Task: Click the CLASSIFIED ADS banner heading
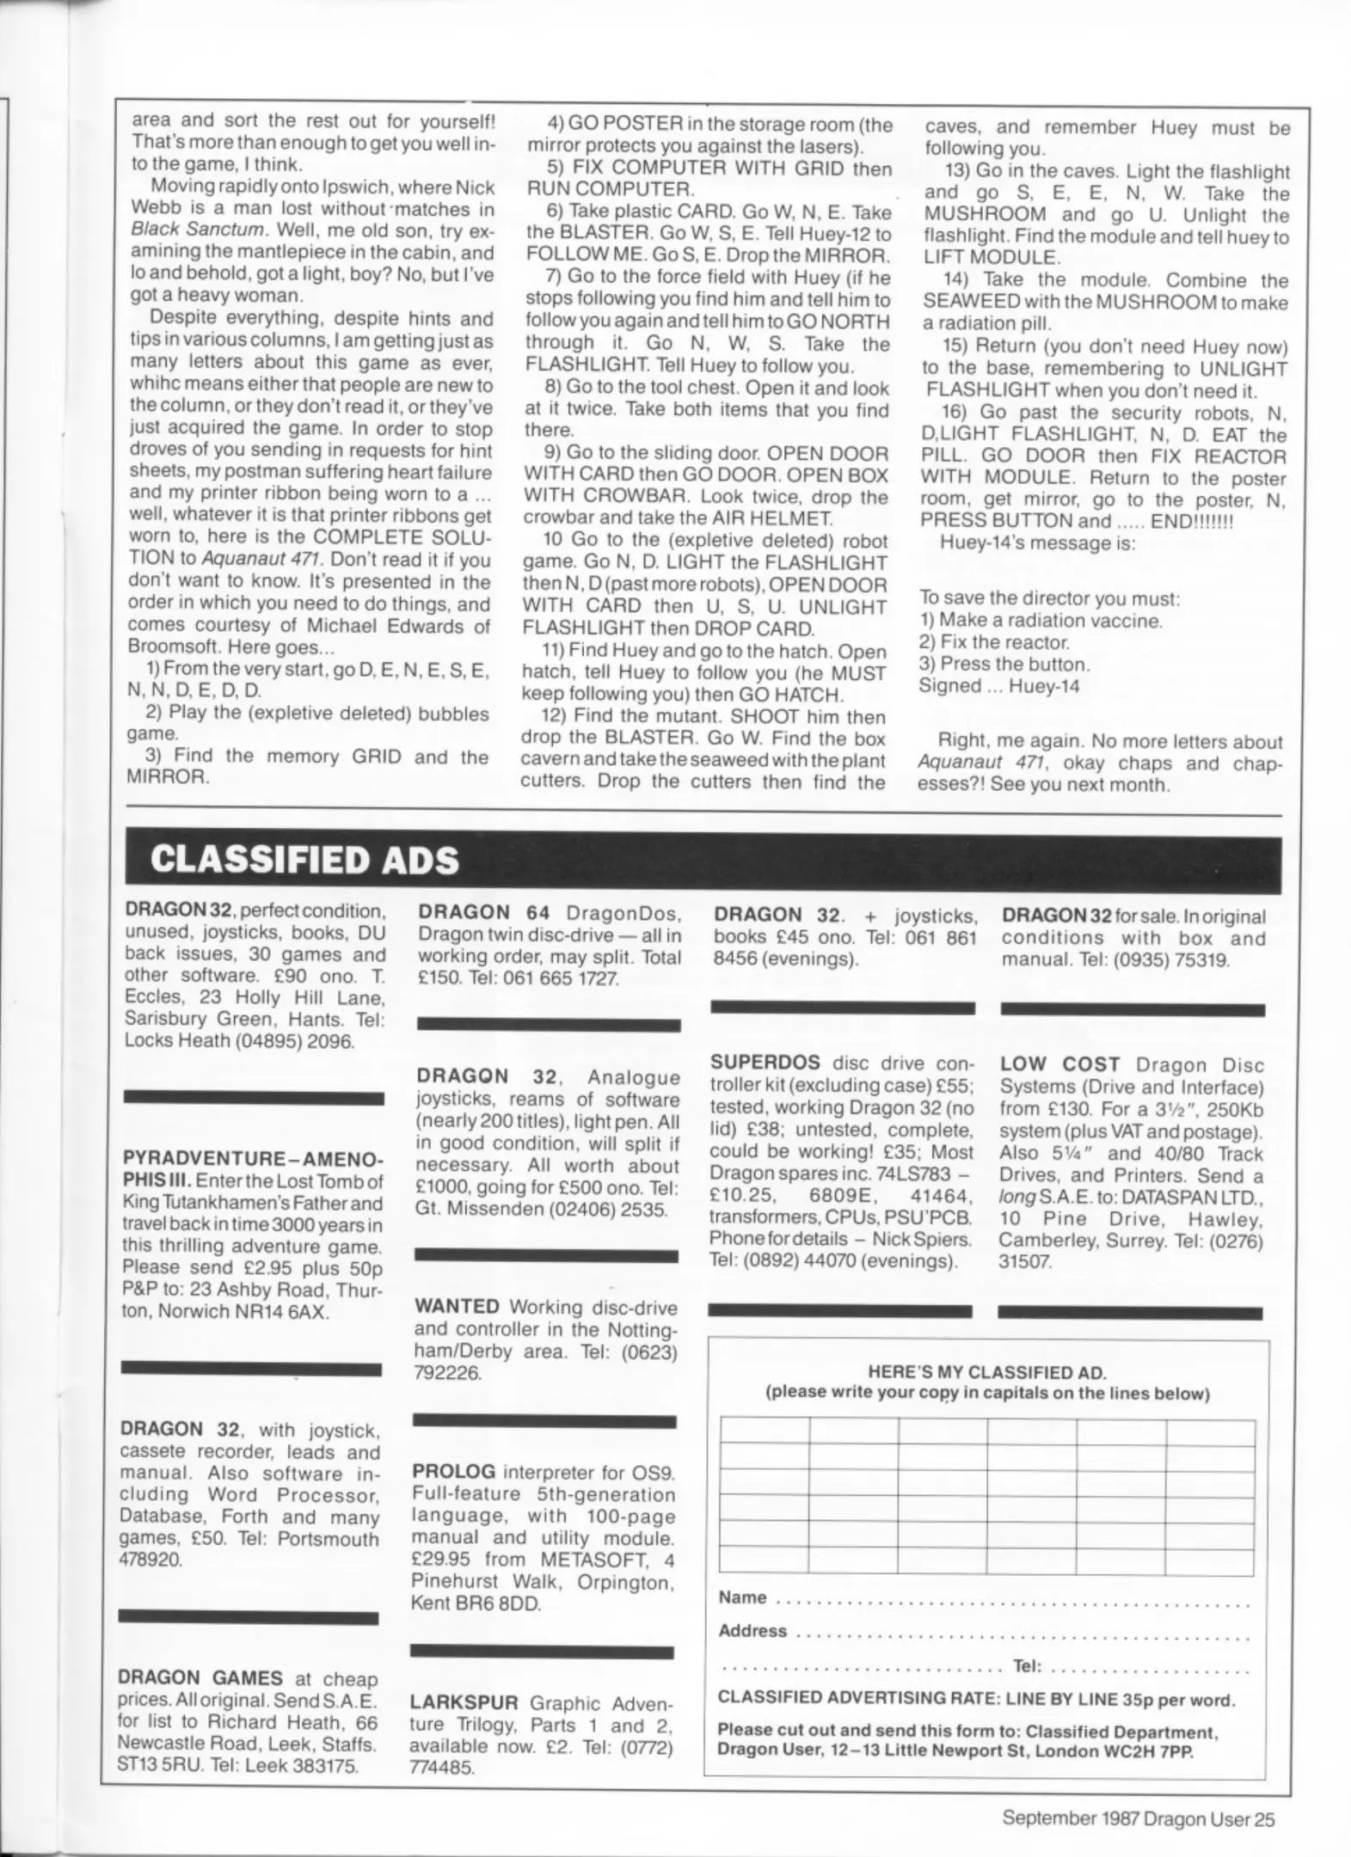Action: (304, 860)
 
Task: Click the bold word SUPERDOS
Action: (765, 1063)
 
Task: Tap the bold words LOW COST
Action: (1059, 1064)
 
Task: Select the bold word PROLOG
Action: (453, 1471)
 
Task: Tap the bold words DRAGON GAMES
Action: (200, 1678)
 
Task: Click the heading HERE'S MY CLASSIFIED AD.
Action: (986, 1373)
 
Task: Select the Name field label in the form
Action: (742, 1597)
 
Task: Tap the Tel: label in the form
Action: (1027, 1666)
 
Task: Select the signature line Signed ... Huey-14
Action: (998, 686)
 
